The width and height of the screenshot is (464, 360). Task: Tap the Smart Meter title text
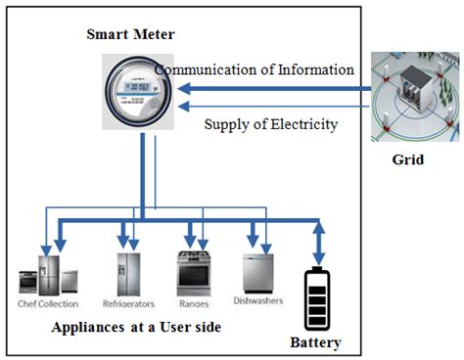click(x=129, y=35)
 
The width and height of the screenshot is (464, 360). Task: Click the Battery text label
click(x=316, y=343)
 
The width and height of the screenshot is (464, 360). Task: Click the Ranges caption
click(x=192, y=304)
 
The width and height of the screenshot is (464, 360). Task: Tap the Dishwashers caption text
click(x=258, y=300)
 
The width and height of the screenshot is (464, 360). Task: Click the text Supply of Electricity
click(x=271, y=124)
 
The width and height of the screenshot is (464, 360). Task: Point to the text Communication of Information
click(x=255, y=69)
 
